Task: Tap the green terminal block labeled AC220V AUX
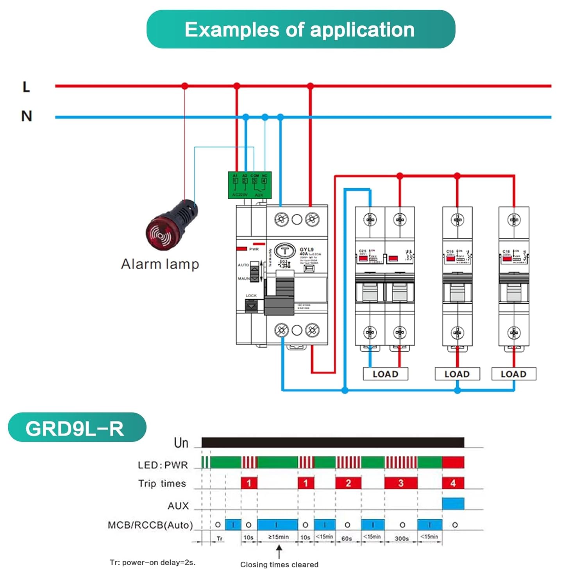(x=250, y=185)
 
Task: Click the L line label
(x=26, y=87)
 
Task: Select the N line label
(x=27, y=116)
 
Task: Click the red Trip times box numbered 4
(x=453, y=483)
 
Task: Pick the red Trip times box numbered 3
(x=401, y=483)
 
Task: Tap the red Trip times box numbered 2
(x=348, y=483)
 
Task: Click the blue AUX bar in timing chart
(x=453, y=504)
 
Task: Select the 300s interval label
(x=402, y=538)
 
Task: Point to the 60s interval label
(x=347, y=538)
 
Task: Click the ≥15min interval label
(x=279, y=537)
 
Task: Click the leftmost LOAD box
(x=386, y=374)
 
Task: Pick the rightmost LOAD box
(x=513, y=374)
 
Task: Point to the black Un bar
(x=332, y=443)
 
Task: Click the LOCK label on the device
(x=251, y=296)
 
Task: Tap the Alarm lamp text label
(x=160, y=264)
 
